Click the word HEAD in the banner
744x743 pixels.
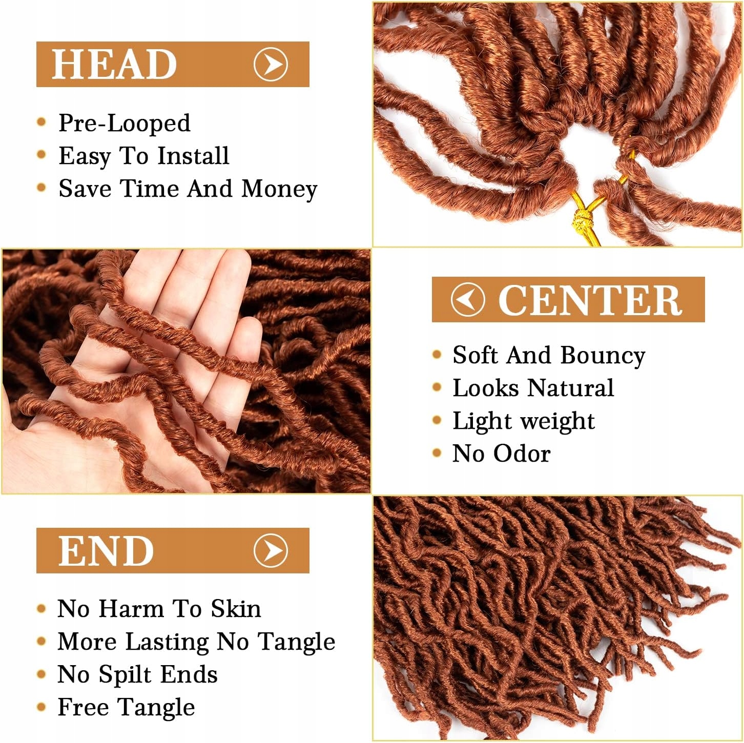pyautogui.click(x=114, y=65)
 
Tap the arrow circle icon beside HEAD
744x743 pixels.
pyautogui.click(x=271, y=64)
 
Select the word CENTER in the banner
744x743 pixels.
pyautogui.click(x=590, y=300)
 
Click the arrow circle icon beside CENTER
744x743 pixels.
pyautogui.click(x=467, y=300)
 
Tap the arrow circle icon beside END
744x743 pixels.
pyautogui.click(x=271, y=550)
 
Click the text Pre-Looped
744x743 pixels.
pyautogui.click(x=125, y=123)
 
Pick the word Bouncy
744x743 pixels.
pyautogui.click(x=603, y=356)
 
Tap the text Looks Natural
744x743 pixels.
pyautogui.click(x=533, y=388)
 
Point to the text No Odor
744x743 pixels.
pyautogui.click(x=502, y=453)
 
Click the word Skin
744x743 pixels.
pyautogui.click(x=236, y=609)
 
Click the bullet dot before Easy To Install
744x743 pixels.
pyautogui.click(x=42, y=155)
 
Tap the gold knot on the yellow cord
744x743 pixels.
pyautogui.click(x=581, y=221)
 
